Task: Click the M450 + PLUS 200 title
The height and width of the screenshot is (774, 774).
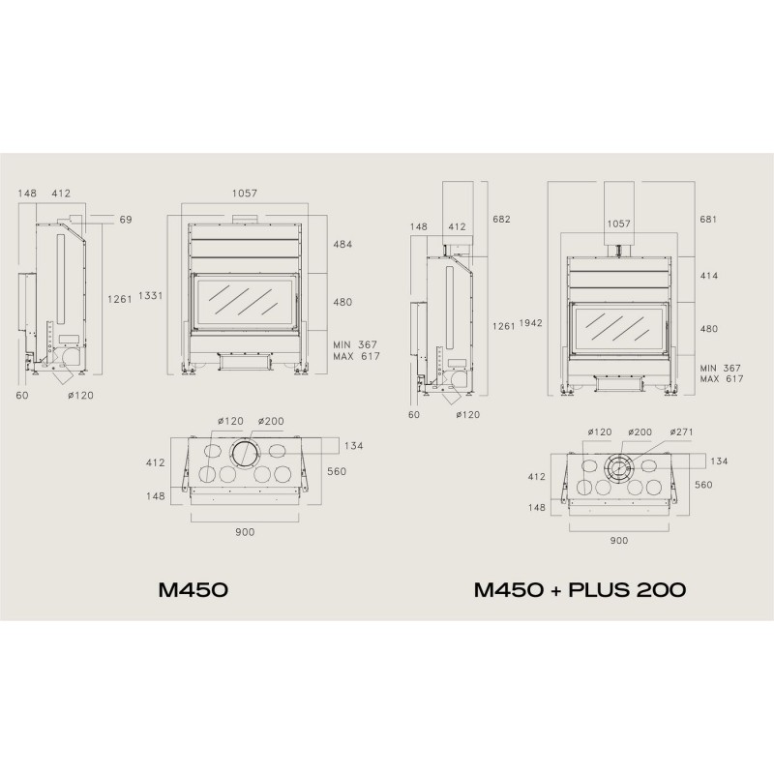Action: pos(580,589)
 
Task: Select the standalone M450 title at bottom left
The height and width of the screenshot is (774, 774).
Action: pos(193,589)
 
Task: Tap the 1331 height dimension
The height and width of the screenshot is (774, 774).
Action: pos(151,296)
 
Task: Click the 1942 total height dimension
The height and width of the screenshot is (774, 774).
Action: pos(530,323)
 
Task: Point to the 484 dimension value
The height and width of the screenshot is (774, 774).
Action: pos(342,244)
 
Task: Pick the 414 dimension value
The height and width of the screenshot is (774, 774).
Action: pos(709,276)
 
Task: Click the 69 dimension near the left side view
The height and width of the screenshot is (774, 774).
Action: pos(126,220)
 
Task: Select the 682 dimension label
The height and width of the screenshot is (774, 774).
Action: pos(501,219)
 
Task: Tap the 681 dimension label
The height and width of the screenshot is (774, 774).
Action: pos(708,219)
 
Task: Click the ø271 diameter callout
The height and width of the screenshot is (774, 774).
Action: pos(682,432)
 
